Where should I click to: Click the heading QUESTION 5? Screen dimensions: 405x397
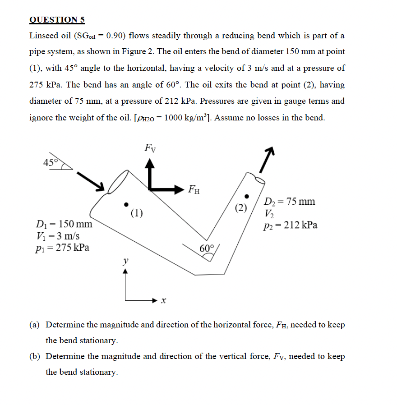(57, 19)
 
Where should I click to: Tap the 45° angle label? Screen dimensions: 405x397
(50, 163)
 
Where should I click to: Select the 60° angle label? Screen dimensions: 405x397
(207, 249)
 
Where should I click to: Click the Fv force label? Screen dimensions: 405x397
(150, 147)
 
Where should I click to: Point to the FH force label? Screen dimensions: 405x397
(194, 189)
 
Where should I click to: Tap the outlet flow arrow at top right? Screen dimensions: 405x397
(267, 160)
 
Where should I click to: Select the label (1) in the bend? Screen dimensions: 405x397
(137, 212)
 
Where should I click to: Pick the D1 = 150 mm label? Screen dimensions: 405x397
(64, 224)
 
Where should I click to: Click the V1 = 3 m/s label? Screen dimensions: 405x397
(57, 235)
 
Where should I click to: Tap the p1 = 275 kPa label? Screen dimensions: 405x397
(62, 247)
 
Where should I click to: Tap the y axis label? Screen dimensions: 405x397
(126, 261)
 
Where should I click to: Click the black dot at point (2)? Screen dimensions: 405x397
(246, 196)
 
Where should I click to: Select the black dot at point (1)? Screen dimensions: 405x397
(127, 203)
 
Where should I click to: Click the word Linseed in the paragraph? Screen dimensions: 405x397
(44, 35)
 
